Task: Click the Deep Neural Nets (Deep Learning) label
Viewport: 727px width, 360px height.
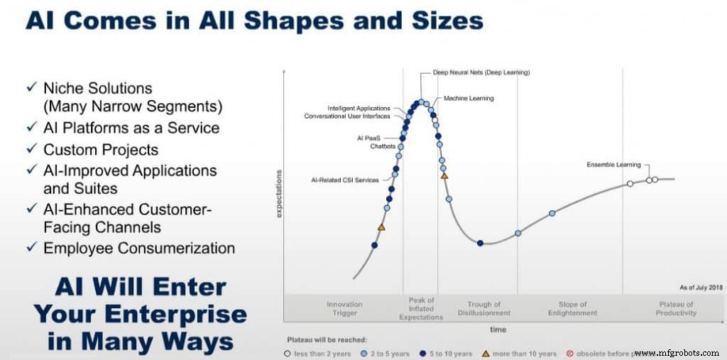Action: (x=481, y=72)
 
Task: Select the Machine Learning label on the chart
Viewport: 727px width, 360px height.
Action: (x=469, y=98)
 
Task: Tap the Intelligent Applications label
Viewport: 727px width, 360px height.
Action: (x=359, y=108)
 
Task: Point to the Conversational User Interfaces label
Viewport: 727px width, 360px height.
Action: (x=347, y=116)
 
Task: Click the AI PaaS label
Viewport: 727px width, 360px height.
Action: (x=368, y=138)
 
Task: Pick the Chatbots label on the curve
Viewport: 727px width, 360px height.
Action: (x=383, y=146)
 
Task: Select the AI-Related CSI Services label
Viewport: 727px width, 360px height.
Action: (x=346, y=180)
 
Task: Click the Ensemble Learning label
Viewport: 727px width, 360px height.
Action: (x=613, y=165)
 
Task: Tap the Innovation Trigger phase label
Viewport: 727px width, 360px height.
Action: (x=344, y=308)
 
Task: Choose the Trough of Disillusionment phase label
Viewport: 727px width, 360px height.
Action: (x=484, y=308)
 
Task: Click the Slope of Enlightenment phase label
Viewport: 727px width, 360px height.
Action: (x=572, y=308)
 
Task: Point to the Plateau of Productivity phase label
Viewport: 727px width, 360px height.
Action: (x=676, y=308)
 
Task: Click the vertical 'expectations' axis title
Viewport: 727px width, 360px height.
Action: (x=279, y=193)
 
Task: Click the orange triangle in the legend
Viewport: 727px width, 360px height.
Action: (x=486, y=353)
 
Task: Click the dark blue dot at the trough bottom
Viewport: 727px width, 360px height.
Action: (x=481, y=243)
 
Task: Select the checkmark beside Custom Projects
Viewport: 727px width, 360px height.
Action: (x=31, y=150)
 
